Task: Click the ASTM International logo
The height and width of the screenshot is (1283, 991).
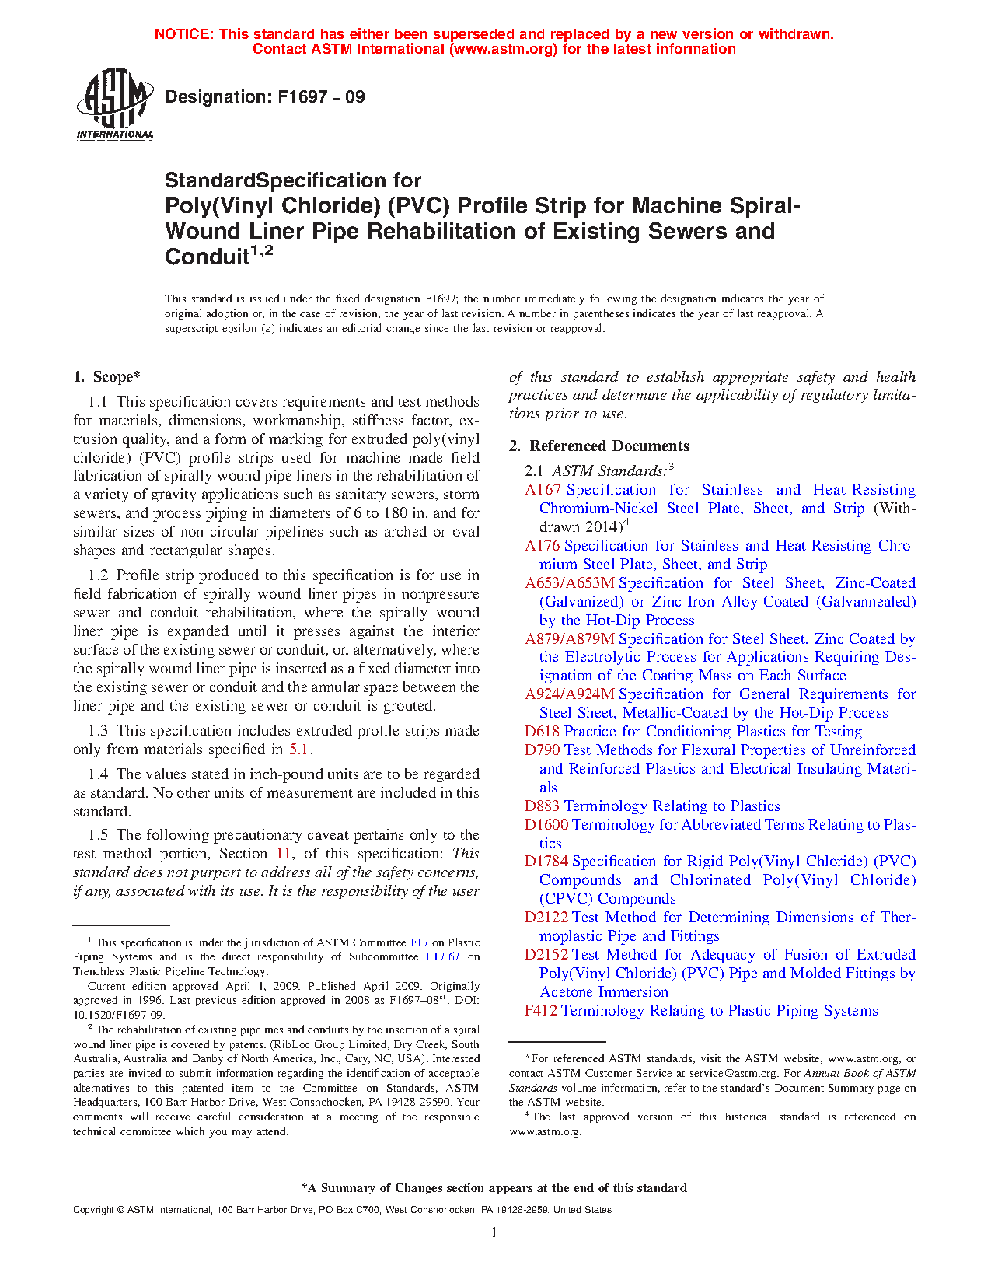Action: pyautogui.click(x=115, y=103)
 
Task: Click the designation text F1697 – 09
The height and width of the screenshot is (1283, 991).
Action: pyautogui.click(x=265, y=97)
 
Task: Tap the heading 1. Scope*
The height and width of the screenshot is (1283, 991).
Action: pyautogui.click(x=106, y=377)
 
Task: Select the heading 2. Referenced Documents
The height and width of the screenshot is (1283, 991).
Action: pyautogui.click(x=598, y=446)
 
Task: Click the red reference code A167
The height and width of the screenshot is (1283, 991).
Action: pyautogui.click(x=543, y=490)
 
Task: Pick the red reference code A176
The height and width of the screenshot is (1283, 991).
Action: pyautogui.click(x=543, y=546)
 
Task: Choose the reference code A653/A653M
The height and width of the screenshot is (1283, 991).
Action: pyautogui.click(x=570, y=583)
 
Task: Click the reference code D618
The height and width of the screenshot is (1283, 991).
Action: pyautogui.click(x=542, y=732)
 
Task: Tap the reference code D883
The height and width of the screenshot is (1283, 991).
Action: pyautogui.click(x=542, y=806)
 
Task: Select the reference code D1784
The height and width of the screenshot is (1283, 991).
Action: pyautogui.click(x=546, y=862)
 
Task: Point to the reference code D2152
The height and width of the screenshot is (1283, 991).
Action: pyautogui.click(x=546, y=955)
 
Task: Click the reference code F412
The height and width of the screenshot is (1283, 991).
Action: pyautogui.click(x=541, y=1011)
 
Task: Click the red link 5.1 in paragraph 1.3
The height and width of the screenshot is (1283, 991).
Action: pyautogui.click(x=299, y=750)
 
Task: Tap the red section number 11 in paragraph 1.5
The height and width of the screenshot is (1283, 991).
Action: pyautogui.click(x=284, y=854)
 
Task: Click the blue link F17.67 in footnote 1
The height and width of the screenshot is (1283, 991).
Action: pyautogui.click(x=443, y=957)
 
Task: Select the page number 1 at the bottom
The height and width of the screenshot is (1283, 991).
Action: pyautogui.click(x=494, y=1232)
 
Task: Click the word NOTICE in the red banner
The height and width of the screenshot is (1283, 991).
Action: pyautogui.click(x=183, y=34)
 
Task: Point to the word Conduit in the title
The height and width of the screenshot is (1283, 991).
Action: pyautogui.click(x=206, y=257)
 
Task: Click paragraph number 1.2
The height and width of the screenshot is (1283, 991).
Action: pyautogui.click(x=98, y=575)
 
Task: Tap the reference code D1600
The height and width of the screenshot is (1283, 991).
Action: pyautogui.click(x=546, y=825)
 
